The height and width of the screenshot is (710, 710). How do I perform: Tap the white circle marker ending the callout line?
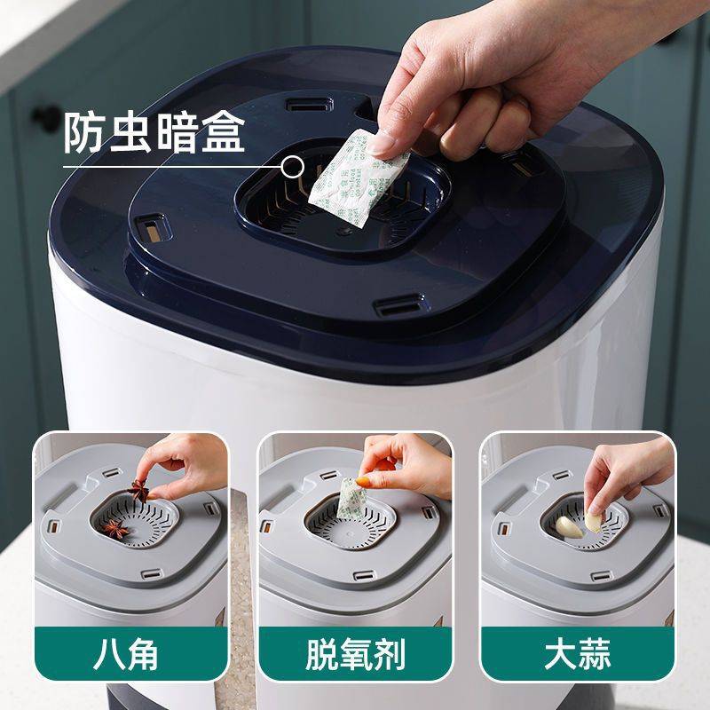pos(291,165)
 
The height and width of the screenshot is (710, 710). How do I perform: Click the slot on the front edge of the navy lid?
pos(394,308)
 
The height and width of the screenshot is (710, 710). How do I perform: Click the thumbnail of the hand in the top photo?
pos(389,140)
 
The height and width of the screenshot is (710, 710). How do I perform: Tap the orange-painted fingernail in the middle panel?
pos(383,464)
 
